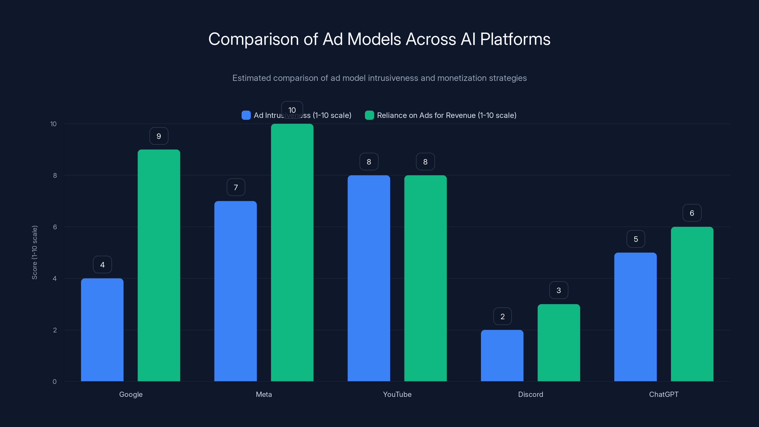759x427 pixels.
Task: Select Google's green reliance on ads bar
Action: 159,265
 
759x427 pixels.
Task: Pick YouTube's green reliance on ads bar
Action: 425,278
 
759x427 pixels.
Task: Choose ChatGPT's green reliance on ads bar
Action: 692,304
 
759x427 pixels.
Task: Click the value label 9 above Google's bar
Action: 159,136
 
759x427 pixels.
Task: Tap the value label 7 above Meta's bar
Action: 236,187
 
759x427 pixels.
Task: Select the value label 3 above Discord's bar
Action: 559,290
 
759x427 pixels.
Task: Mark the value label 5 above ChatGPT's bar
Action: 636,239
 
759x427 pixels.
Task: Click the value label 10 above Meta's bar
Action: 292,110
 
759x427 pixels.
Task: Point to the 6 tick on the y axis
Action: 55,227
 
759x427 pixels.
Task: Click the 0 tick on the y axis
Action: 55,382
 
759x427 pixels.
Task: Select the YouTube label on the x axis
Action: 397,394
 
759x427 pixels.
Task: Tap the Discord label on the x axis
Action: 530,394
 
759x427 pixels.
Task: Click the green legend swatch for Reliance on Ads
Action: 369,115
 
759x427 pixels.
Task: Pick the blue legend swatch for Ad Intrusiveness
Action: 246,115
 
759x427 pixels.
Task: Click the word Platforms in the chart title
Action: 515,39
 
